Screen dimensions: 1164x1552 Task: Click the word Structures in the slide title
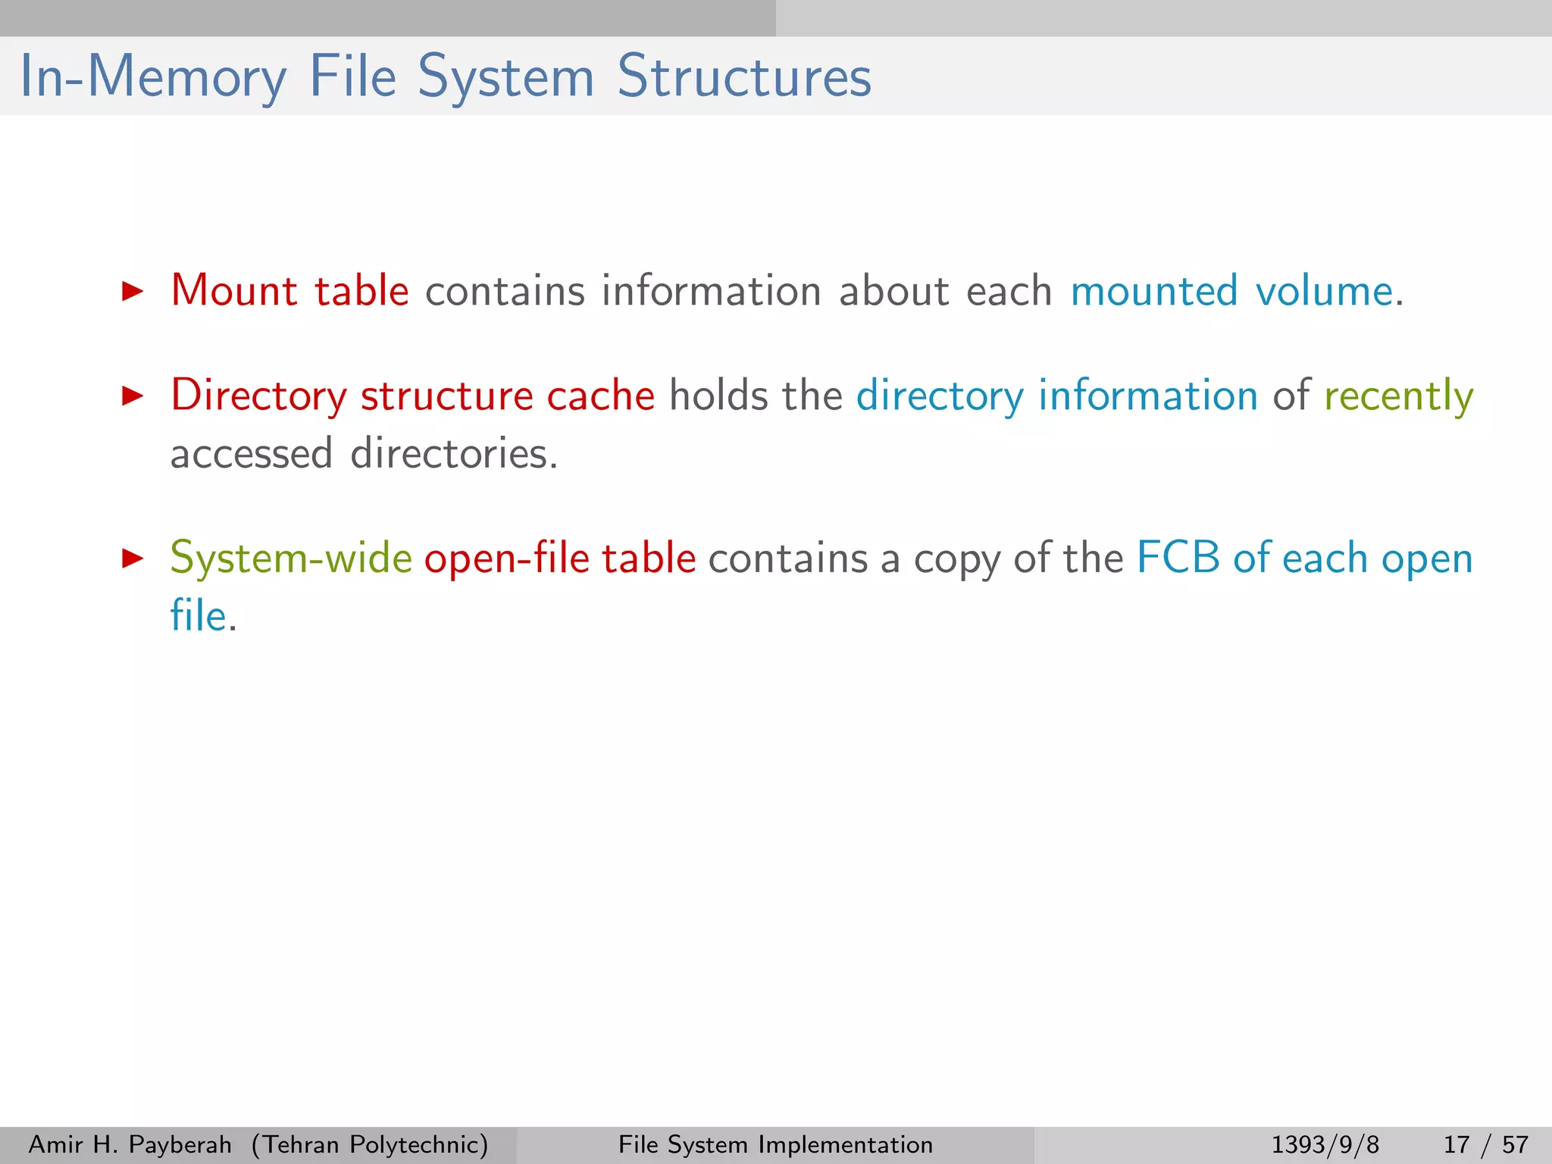744,77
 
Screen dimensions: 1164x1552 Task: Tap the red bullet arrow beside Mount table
133,291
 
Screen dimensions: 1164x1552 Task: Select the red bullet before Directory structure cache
133,396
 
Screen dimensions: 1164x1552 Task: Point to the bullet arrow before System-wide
133,559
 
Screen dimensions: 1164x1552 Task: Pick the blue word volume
1324,291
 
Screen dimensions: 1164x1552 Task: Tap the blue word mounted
1154,291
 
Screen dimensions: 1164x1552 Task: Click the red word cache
600,396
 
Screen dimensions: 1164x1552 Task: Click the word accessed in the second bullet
251,454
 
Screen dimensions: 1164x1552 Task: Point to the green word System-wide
291,559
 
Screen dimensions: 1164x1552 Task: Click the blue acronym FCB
1178,559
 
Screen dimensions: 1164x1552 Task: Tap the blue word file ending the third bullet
198,615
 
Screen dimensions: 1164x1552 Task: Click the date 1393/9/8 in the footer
1325,1144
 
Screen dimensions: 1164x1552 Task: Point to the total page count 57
1515,1144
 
